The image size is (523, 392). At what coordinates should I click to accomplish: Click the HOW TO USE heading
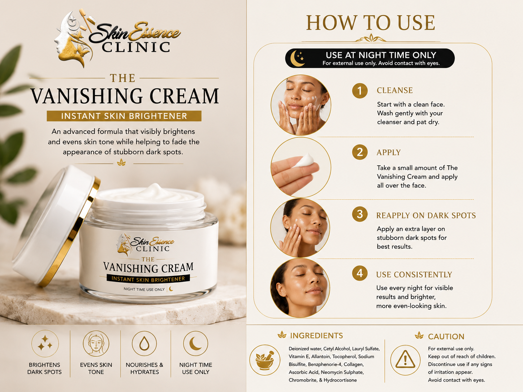[371, 23]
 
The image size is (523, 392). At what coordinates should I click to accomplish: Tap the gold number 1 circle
[360, 91]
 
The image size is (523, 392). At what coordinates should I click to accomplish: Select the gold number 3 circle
[360, 214]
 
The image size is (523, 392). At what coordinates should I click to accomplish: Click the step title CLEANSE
[394, 91]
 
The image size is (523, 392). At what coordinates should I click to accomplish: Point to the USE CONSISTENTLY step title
[414, 275]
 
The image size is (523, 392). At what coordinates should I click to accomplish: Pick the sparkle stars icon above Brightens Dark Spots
[45, 343]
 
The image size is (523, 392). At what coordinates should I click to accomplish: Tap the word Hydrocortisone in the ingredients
[340, 380]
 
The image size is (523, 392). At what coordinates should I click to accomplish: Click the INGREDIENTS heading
[316, 336]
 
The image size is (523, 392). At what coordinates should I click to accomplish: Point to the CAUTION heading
[446, 336]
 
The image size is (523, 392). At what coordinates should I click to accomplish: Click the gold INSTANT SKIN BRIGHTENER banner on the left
[124, 116]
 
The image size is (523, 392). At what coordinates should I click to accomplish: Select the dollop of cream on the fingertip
[304, 160]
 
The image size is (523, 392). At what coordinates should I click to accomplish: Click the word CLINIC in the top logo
[136, 47]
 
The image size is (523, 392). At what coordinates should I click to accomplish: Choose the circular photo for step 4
[300, 288]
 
